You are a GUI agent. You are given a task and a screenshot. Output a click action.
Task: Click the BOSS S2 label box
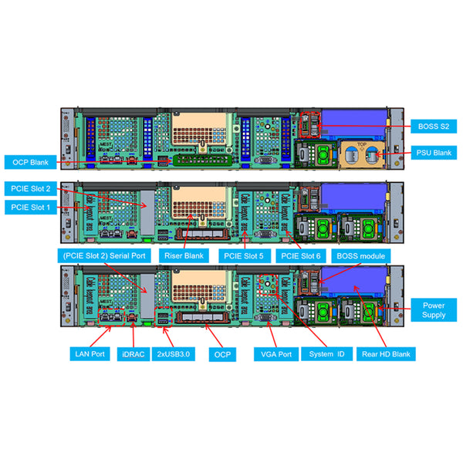(434, 124)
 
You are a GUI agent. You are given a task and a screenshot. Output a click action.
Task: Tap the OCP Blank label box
(30, 162)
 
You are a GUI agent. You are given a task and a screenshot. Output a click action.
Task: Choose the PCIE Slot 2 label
(30, 188)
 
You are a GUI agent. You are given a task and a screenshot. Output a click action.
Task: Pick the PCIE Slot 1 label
(30, 207)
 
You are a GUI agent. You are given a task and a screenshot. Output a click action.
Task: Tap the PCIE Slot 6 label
(301, 255)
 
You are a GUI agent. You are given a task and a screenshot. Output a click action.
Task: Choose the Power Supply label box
(434, 309)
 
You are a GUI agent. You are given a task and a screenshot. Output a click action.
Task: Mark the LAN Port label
(87, 353)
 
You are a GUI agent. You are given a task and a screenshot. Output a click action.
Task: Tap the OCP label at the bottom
(222, 353)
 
